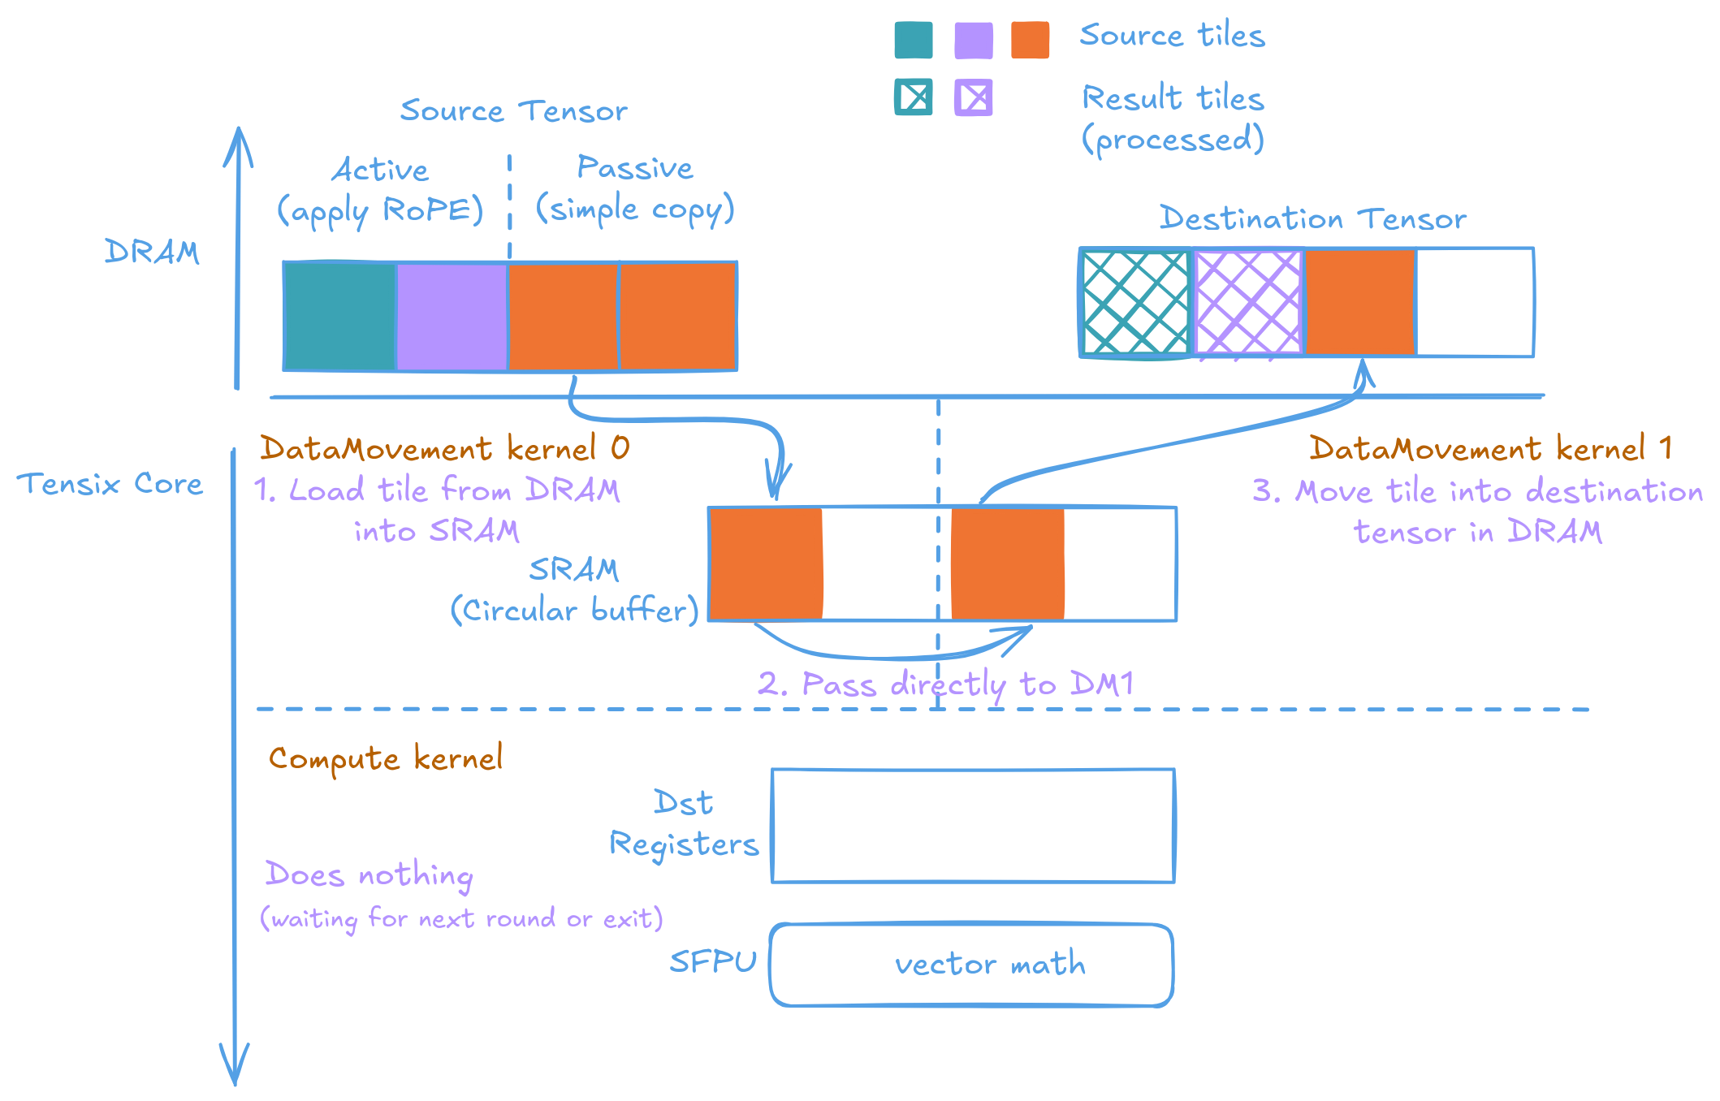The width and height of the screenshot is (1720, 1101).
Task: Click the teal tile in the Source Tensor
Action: pyautogui.click(x=339, y=317)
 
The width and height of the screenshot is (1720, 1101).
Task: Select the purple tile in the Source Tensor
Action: pyautogui.click(x=452, y=317)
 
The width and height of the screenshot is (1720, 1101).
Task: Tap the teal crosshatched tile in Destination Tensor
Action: pyautogui.click(x=1135, y=303)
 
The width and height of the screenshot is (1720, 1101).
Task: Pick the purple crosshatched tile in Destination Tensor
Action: pyautogui.click(x=1247, y=303)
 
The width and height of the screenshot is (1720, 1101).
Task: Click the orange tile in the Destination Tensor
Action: pyautogui.click(x=1359, y=302)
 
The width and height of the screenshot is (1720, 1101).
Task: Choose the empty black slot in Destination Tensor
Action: pyautogui.click(x=1475, y=302)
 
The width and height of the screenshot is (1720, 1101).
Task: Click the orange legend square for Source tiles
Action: pyautogui.click(x=1030, y=40)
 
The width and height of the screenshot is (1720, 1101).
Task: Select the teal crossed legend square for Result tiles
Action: pyautogui.click(x=914, y=97)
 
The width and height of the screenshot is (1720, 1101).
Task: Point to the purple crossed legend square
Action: pyautogui.click(x=973, y=97)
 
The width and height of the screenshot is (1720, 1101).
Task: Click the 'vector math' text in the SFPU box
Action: pyautogui.click(x=989, y=964)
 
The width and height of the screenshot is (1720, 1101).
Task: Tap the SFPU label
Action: pyautogui.click(x=712, y=962)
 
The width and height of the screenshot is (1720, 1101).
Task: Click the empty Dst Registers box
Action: pyautogui.click(x=973, y=825)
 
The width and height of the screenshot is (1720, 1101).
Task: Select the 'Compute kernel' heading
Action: pyautogui.click(x=386, y=758)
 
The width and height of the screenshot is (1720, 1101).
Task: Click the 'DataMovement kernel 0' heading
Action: pyautogui.click(x=444, y=448)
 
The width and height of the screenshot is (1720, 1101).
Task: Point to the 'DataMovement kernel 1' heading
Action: pyautogui.click(x=1490, y=448)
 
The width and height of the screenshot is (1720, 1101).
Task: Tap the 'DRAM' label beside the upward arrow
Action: pyautogui.click(x=152, y=252)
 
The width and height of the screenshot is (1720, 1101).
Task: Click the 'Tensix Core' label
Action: pyautogui.click(x=110, y=484)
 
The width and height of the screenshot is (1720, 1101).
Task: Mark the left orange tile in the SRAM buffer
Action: pyautogui.click(x=765, y=563)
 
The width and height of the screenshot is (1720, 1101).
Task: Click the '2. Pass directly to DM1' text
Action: pyautogui.click(x=945, y=684)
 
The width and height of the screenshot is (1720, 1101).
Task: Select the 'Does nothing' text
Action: pyautogui.click(x=369, y=875)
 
